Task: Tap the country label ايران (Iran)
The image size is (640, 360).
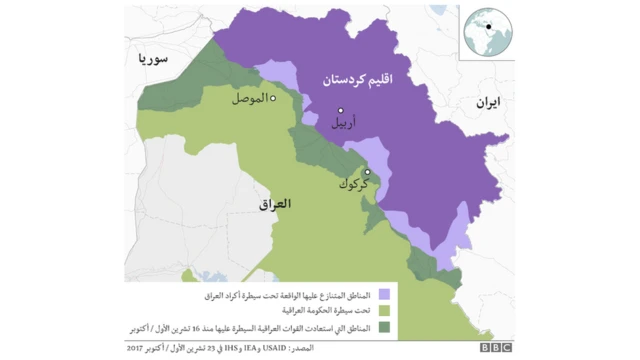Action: (x=487, y=102)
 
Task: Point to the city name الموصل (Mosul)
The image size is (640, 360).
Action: (x=250, y=99)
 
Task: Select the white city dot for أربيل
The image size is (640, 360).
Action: (x=340, y=110)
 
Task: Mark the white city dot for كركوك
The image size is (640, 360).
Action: (x=367, y=172)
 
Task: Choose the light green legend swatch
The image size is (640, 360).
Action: (x=384, y=311)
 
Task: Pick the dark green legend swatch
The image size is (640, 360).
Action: (x=384, y=327)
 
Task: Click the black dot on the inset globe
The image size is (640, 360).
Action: (x=491, y=27)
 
